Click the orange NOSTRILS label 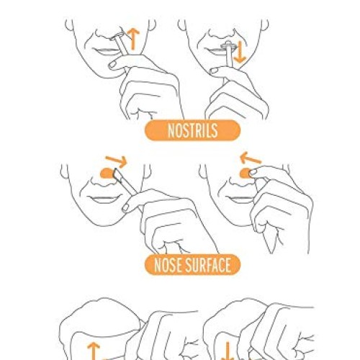[x=192, y=130]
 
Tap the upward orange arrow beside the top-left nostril [x=133, y=39]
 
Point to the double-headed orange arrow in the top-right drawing [x=240, y=52]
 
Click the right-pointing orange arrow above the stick [x=117, y=161]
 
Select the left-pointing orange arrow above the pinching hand [x=250, y=158]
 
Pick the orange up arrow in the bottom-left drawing [x=94, y=351]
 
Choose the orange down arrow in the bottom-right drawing [x=228, y=351]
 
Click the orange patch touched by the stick [x=107, y=173]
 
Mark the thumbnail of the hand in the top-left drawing [x=113, y=64]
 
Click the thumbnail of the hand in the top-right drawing [x=214, y=71]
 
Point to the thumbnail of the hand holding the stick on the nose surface [x=126, y=207]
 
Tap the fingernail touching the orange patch [x=253, y=172]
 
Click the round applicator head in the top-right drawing [x=228, y=45]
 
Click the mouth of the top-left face [x=106, y=51]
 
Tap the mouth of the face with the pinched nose [x=240, y=199]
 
